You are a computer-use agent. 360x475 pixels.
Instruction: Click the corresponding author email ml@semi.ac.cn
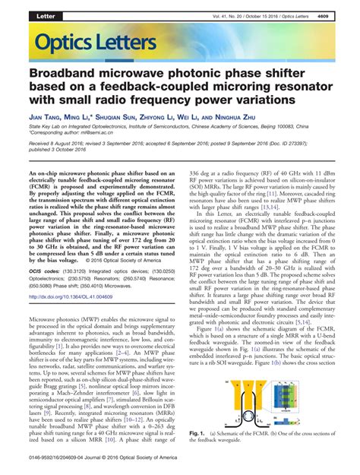click(x=101, y=140)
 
